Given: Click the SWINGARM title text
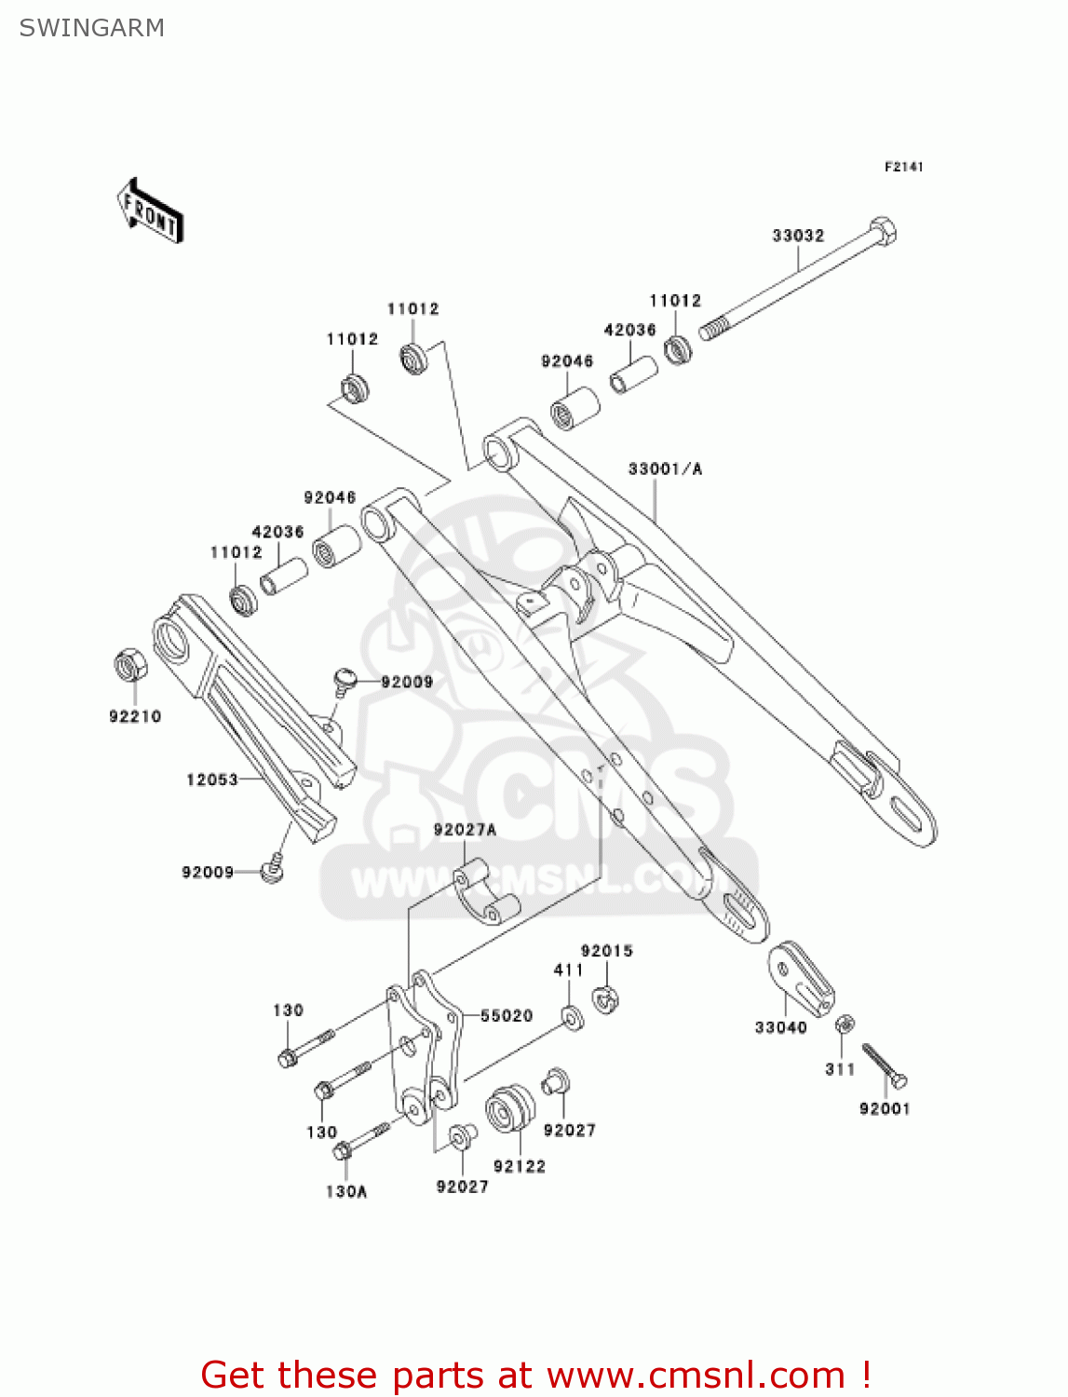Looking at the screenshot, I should point(91,28).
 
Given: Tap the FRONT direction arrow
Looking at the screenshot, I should point(150,211).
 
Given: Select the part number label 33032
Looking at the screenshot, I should point(798,236).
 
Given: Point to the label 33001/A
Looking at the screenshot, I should point(665,468).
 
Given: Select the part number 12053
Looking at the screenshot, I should point(212,780).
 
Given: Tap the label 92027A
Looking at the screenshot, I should point(465,830).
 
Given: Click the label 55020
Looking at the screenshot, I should point(507,1016).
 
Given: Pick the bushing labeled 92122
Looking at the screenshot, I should point(509,1109).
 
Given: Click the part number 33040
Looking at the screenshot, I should point(780,1027).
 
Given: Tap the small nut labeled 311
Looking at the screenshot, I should point(845,1024).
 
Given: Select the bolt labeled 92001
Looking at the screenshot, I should point(884,1066).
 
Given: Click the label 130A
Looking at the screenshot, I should point(346,1191).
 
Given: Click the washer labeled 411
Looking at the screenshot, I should point(573,1017).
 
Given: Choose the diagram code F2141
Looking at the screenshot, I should point(903,167).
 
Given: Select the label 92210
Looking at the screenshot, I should point(135,716).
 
